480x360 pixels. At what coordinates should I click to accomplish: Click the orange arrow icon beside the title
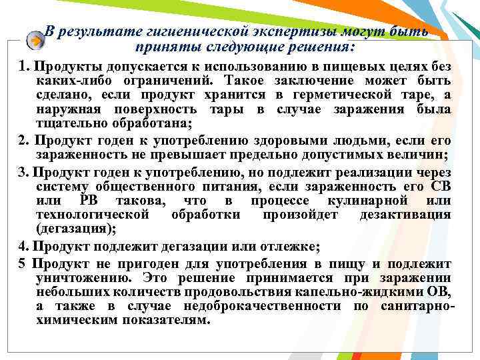[35, 41]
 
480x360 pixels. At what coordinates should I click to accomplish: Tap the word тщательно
[69, 124]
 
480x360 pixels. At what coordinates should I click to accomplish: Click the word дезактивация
[405, 215]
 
